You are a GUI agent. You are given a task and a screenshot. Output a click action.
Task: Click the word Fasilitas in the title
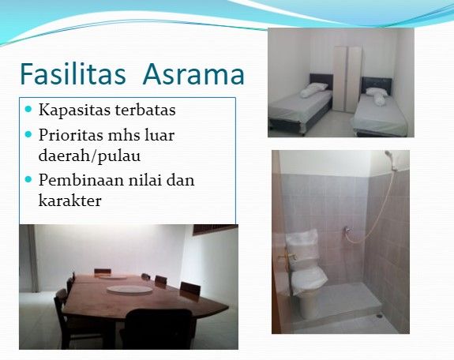point(73,74)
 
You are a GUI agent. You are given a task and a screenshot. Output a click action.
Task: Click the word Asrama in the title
point(194,74)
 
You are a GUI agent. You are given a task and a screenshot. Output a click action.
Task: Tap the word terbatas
point(145,109)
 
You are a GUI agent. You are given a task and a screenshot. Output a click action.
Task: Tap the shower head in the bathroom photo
point(388,155)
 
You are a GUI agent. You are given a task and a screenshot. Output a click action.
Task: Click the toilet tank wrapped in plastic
point(302,246)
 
